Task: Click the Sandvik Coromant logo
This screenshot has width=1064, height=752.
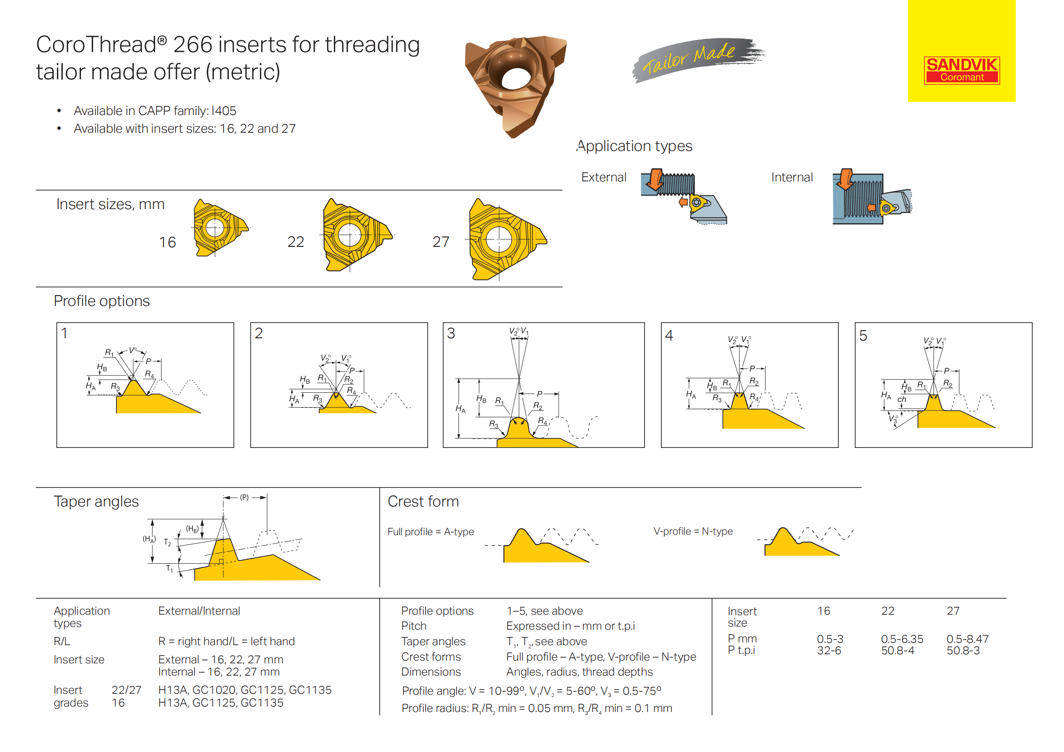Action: coord(962,70)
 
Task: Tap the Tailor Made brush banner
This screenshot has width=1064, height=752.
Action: coord(698,60)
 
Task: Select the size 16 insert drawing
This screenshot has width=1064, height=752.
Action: coord(221,228)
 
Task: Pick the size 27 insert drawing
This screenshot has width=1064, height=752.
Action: coord(508,240)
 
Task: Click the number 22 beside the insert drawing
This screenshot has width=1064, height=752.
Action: coord(296,242)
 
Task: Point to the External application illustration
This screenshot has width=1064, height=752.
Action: coord(684,196)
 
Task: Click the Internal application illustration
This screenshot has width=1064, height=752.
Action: coord(872,197)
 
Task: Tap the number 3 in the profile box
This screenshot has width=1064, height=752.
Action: coord(451,333)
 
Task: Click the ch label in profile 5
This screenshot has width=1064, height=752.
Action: coord(902,399)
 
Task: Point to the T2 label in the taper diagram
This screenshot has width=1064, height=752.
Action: coord(167,542)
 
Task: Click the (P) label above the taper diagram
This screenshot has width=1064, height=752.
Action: coord(244,497)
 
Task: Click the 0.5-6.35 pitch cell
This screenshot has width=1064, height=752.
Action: coord(902,639)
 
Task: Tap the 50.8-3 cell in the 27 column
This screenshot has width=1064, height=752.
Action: coord(963,651)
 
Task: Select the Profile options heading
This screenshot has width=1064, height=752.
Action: coord(101,301)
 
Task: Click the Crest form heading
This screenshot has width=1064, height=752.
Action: coord(423,501)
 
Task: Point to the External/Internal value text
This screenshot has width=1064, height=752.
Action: coord(199,611)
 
